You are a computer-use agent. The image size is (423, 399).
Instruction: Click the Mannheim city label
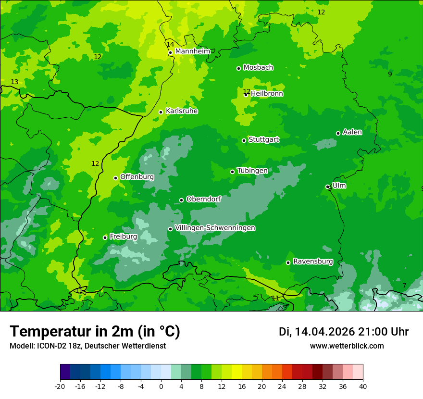(192, 51)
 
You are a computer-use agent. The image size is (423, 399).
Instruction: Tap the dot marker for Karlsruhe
(161, 112)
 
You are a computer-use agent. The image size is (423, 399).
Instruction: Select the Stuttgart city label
(263, 140)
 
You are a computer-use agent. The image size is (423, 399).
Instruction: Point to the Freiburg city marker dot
(105, 237)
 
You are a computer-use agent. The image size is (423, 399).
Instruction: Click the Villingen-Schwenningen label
(215, 228)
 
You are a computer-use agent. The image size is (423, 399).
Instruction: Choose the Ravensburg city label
(313, 262)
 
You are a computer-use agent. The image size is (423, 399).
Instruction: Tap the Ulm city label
(339, 186)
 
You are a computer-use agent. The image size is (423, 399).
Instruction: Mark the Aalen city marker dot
(338, 133)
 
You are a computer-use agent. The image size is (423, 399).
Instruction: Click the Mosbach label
(258, 68)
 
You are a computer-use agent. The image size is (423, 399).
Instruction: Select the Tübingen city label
(252, 171)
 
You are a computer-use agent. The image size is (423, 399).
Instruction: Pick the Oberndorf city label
(203, 199)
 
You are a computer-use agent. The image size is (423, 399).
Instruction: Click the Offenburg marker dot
(115, 178)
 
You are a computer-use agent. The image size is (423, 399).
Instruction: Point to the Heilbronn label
(267, 94)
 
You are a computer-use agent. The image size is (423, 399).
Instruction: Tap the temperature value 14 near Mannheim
(170, 44)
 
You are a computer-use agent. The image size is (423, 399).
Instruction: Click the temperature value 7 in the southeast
(404, 286)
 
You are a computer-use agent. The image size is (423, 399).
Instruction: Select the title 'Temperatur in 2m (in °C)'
(95, 332)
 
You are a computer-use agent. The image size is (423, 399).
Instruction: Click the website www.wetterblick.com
(347, 346)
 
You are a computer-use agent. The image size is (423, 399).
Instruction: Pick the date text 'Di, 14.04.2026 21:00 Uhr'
(344, 332)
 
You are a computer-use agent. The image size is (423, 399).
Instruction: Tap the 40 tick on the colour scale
(362, 387)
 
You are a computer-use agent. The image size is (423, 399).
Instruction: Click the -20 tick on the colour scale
(60, 387)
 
